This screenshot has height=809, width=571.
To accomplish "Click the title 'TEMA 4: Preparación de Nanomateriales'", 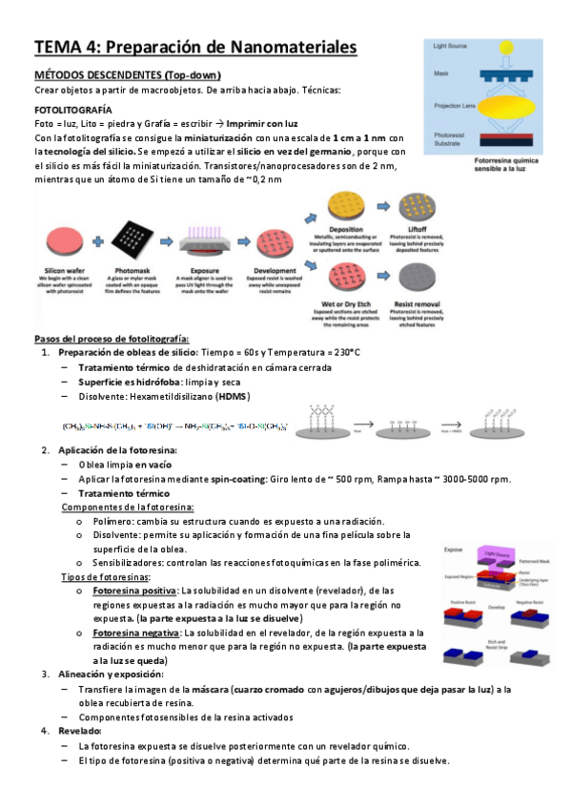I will click(x=195, y=47).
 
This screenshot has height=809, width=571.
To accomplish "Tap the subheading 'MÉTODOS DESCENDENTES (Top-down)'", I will click(x=127, y=75).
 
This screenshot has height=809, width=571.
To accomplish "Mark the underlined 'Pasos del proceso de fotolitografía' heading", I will click(x=111, y=340).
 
